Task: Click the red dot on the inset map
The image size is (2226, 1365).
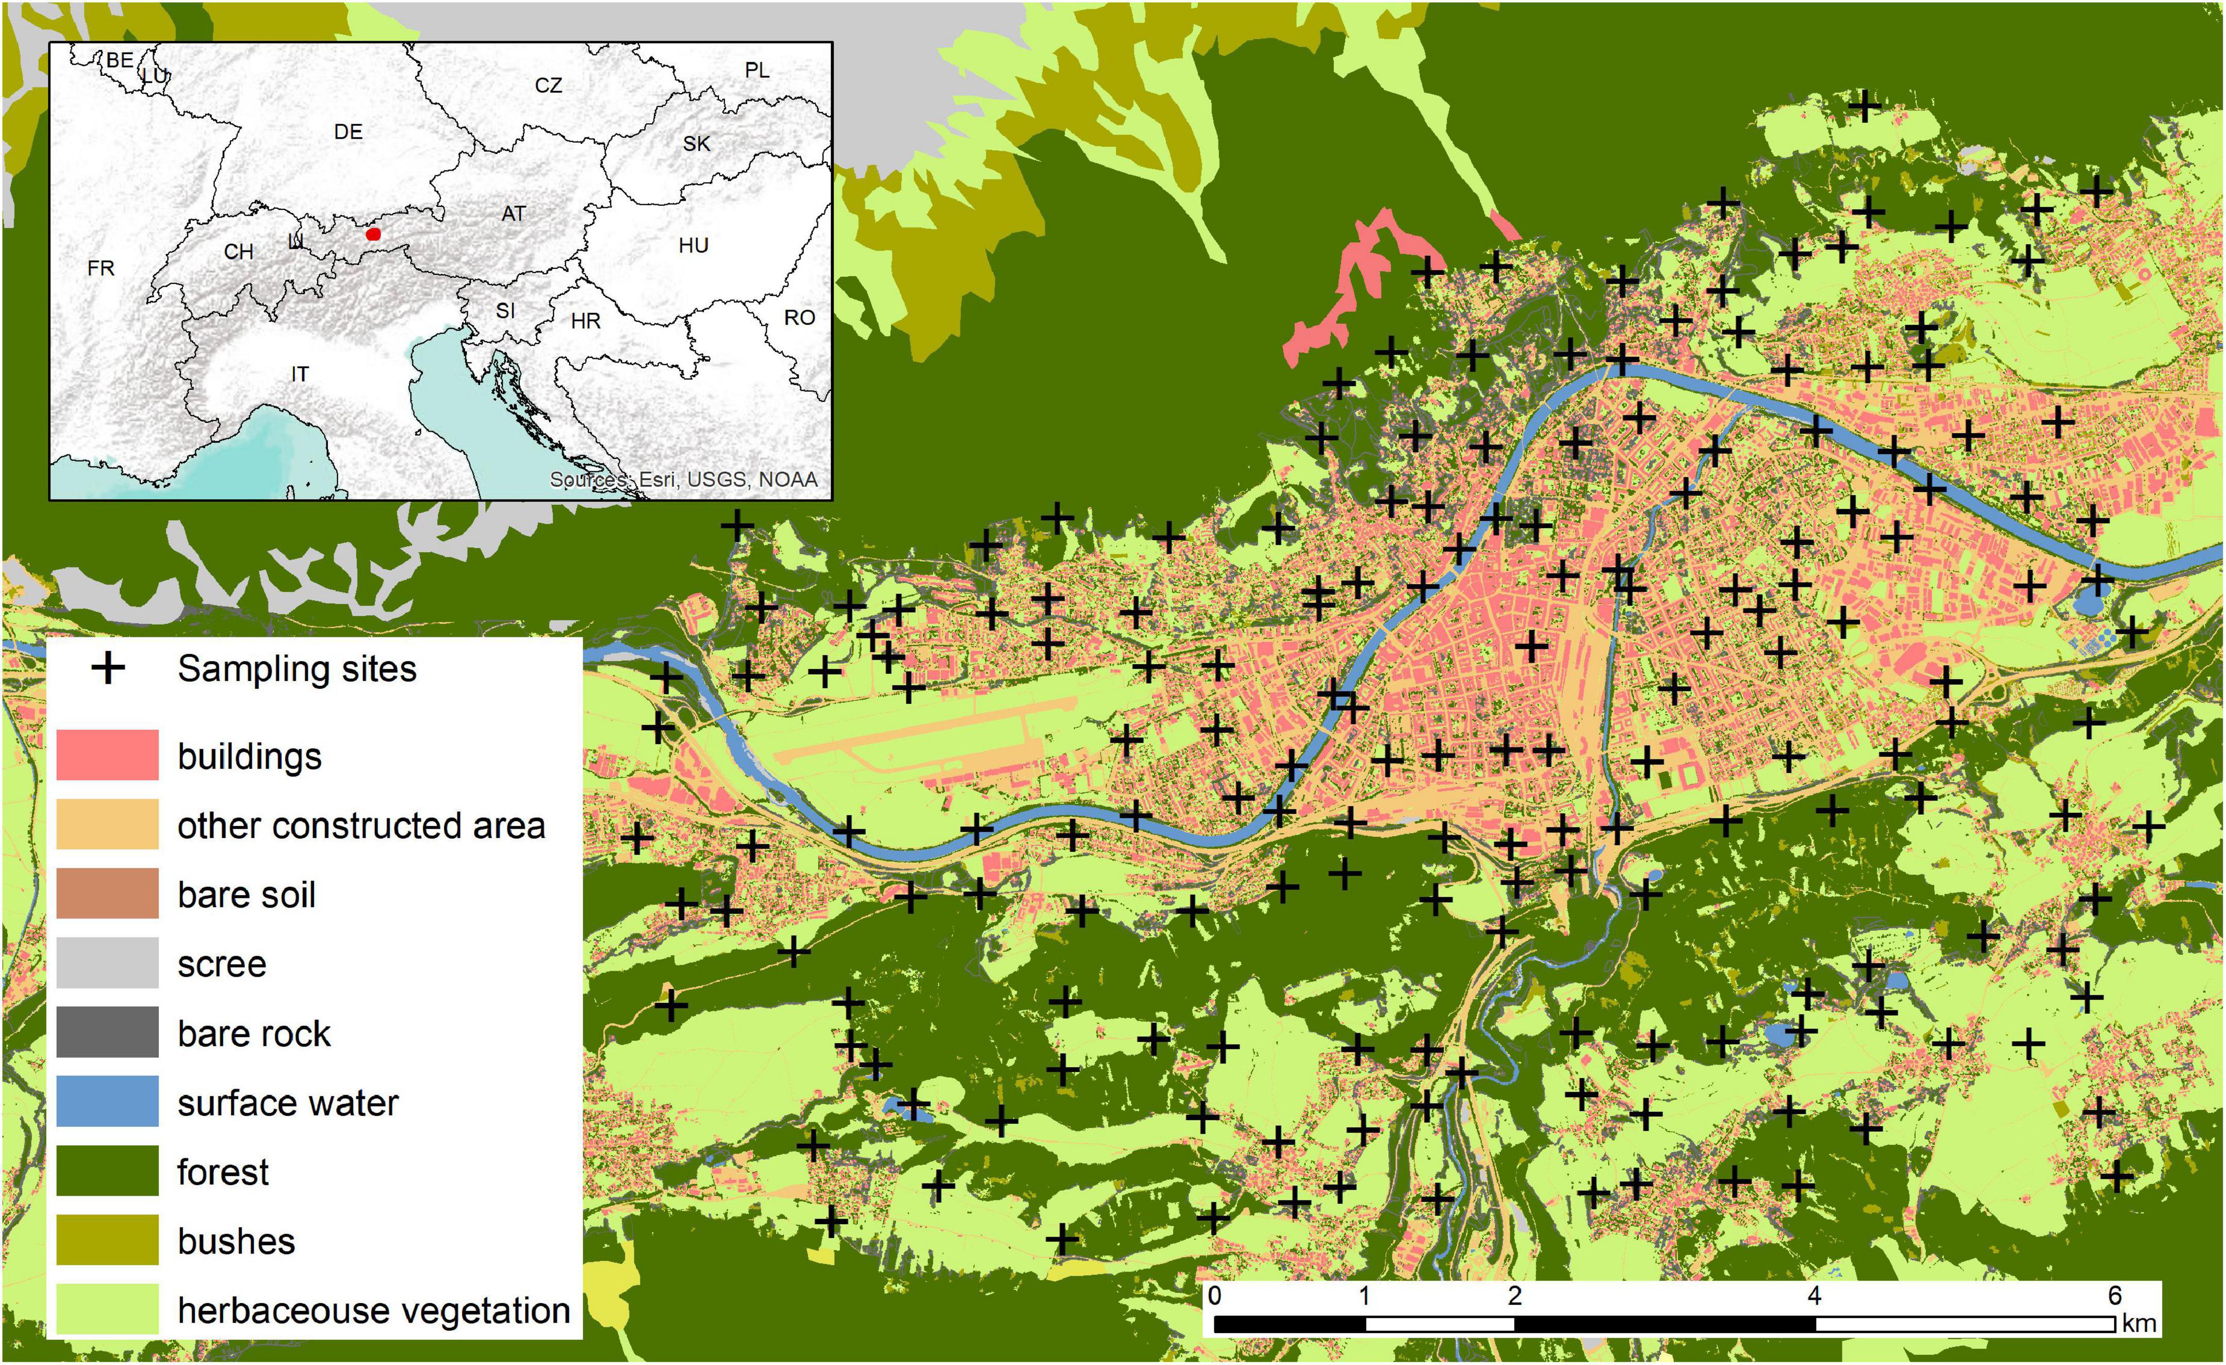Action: [374, 234]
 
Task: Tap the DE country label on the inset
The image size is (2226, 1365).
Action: [348, 132]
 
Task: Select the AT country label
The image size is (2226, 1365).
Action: [513, 214]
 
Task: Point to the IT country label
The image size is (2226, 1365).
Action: [300, 373]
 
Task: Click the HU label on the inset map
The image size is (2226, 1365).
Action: [693, 245]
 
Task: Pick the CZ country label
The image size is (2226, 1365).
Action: [548, 86]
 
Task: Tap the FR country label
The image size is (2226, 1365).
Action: [101, 268]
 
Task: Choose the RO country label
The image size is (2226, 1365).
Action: [799, 318]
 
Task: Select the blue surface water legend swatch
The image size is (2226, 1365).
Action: [107, 1101]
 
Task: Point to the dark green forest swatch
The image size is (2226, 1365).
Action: [107, 1171]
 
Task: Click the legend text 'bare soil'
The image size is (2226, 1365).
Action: [246, 894]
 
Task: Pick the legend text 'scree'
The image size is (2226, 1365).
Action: [221, 964]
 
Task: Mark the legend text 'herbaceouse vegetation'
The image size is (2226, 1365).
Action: [373, 1310]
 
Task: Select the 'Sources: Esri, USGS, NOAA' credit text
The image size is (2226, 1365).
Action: [683, 480]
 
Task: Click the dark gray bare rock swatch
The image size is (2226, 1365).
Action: [107, 1032]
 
